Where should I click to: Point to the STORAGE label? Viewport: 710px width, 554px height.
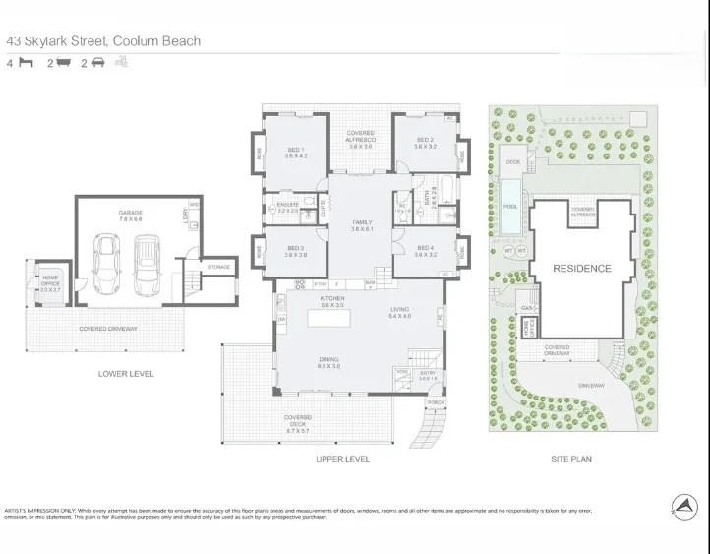(218, 266)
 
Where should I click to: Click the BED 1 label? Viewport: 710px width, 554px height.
(296, 152)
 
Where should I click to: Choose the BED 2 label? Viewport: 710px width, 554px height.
(425, 142)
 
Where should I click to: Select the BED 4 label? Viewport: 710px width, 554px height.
(425, 250)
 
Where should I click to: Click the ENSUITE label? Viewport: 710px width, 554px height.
(287, 206)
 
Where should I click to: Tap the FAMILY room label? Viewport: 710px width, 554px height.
(362, 224)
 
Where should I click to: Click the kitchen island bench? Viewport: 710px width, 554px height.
(330, 318)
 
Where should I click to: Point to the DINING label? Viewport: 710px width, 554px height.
(328, 361)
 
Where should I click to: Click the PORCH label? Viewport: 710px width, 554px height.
(434, 403)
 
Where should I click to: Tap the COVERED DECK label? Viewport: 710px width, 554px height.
(297, 420)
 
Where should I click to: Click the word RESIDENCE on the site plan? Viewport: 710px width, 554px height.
(581, 268)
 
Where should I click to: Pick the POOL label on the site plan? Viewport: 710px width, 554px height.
(510, 207)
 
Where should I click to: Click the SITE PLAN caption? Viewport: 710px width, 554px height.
(570, 459)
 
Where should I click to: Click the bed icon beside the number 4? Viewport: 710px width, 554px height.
(28, 63)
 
